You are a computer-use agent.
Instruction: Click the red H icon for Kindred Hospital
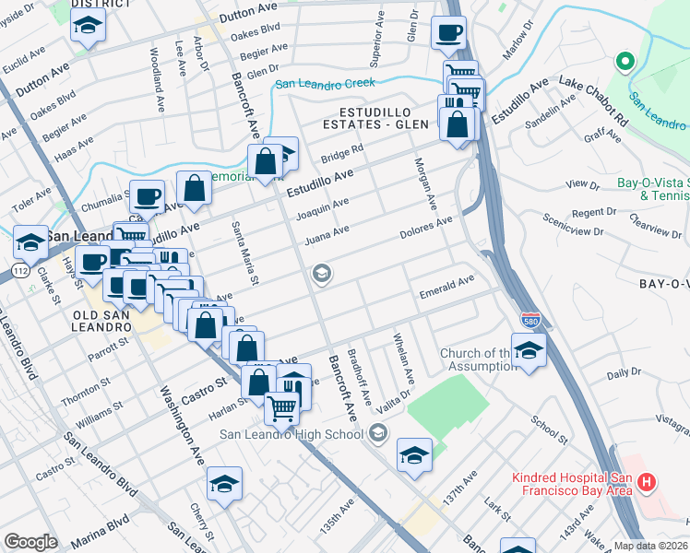click(x=647, y=481)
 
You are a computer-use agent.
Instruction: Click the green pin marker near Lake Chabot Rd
click(x=625, y=63)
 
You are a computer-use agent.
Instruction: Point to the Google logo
click(x=30, y=542)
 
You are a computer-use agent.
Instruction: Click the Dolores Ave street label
click(x=425, y=228)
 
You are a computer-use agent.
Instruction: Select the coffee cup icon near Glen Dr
click(x=449, y=34)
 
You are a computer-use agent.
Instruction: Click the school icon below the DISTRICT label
click(x=88, y=27)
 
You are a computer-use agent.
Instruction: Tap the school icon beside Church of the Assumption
click(x=529, y=351)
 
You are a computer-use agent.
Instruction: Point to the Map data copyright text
click(x=651, y=546)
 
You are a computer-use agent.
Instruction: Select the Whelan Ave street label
click(x=403, y=359)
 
